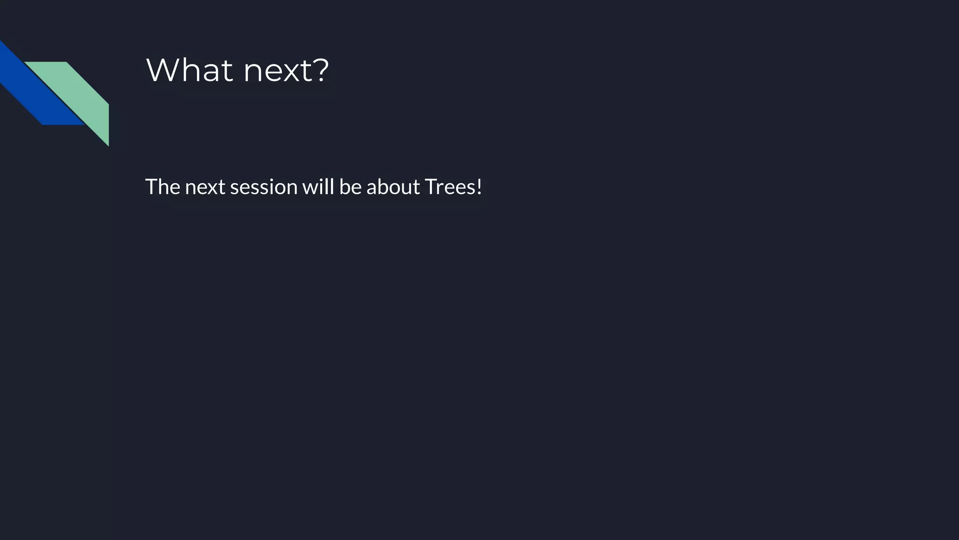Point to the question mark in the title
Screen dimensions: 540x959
(x=320, y=70)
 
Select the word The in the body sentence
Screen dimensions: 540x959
(x=162, y=187)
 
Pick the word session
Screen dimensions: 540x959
(x=264, y=187)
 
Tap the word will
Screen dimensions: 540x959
(x=318, y=187)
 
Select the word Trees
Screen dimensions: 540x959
(x=450, y=187)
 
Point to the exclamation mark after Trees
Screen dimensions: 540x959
(x=479, y=187)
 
